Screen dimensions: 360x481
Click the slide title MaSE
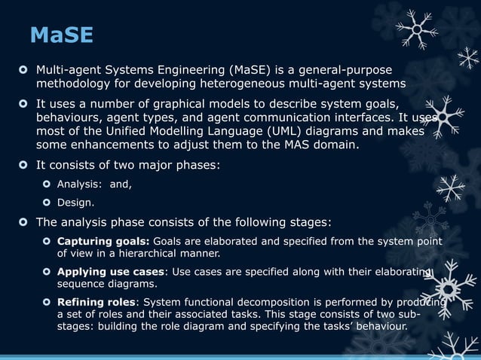click(61, 35)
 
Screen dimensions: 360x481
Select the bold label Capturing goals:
click(104, 241)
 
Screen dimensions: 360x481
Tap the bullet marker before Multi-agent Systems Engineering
click(24, 70)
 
